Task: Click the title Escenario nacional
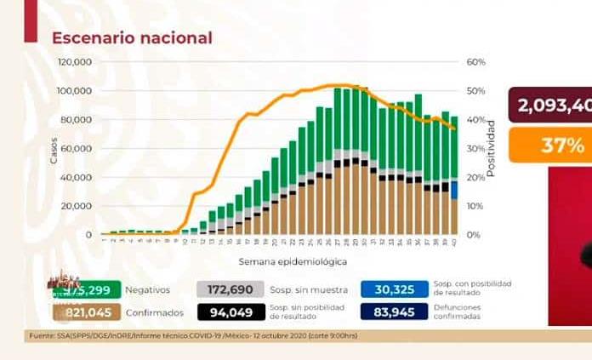pos(132,38)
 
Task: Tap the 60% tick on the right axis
pos(475,62)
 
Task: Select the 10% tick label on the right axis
pos(474,206)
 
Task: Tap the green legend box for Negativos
pos(89,289)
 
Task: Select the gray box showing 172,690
pos(225,289)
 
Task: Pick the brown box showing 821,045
pos(89,312)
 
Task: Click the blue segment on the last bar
pos(454,190)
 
